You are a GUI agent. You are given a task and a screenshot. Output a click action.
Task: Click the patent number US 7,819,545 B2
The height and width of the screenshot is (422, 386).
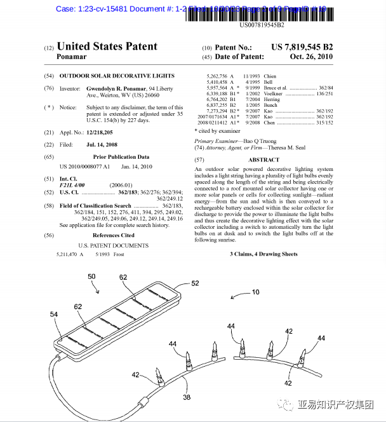coord(302,47)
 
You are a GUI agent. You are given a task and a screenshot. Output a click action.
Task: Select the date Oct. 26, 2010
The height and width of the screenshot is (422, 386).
coord(310,57)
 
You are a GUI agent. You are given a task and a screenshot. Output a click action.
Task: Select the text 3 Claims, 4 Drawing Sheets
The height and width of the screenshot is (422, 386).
coord(263,254)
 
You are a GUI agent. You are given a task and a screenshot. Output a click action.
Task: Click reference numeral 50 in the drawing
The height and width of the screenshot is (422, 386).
coord(91,276)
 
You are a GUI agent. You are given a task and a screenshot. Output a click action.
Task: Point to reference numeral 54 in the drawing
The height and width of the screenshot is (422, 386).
coord(53,315)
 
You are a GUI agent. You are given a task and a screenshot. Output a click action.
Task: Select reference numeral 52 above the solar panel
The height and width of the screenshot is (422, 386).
coord(195,283)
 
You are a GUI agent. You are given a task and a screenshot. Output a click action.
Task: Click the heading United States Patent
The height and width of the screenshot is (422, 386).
coord(107,46)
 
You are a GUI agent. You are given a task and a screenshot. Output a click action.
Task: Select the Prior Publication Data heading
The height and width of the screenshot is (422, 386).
coord(121,156)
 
